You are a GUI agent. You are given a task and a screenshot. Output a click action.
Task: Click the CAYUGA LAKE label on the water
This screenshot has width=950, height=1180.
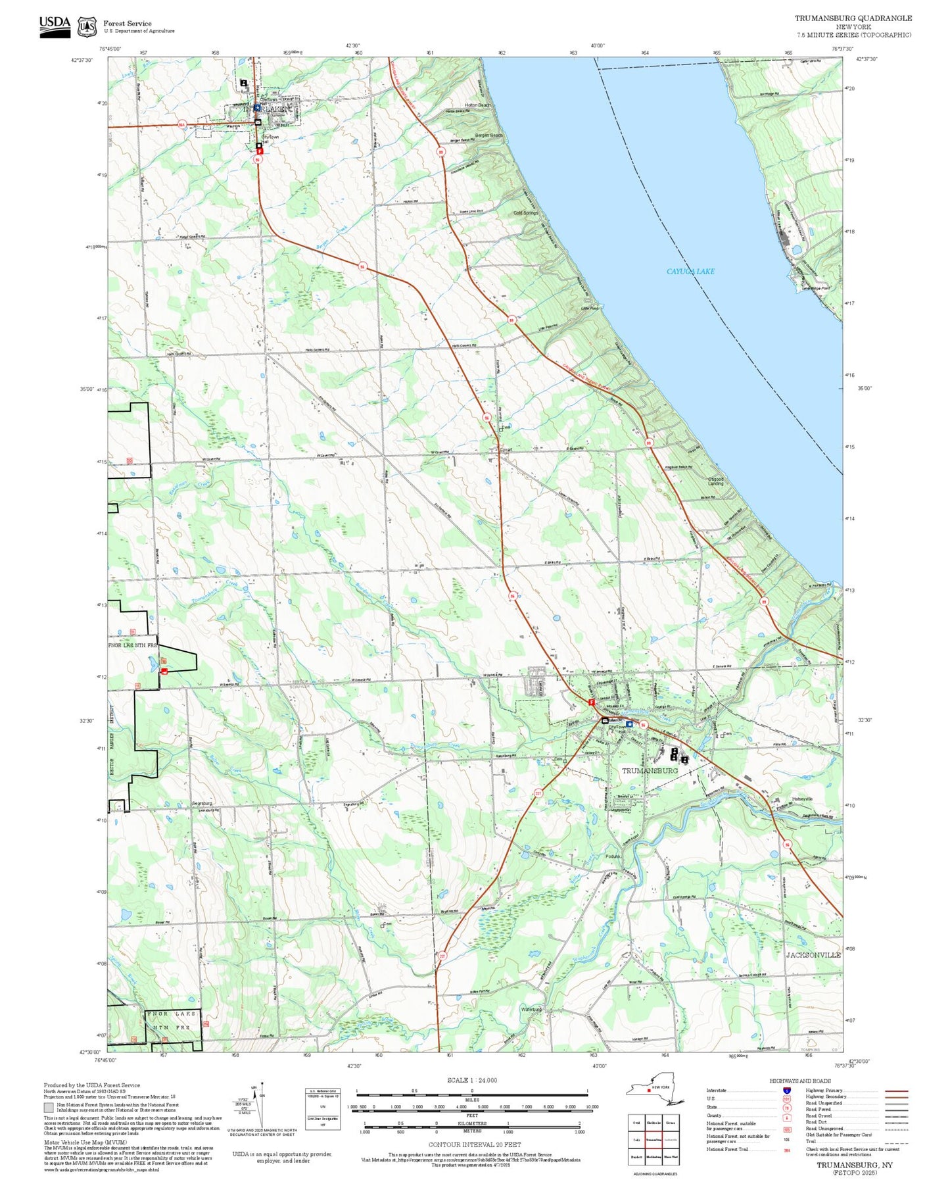690,271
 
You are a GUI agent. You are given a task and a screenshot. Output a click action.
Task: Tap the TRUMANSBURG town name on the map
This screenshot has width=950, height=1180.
650,770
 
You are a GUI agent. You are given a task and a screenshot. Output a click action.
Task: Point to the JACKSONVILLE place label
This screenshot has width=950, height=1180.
813,954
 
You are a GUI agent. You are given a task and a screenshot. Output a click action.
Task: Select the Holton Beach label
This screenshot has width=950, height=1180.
478,105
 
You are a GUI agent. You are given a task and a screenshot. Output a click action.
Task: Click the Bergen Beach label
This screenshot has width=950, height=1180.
488,135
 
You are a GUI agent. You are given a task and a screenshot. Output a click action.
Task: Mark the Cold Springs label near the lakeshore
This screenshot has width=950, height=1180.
525,213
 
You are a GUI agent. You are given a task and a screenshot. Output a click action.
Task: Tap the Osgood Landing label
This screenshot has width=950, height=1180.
715,481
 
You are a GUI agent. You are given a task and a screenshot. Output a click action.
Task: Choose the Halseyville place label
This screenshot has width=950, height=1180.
802,799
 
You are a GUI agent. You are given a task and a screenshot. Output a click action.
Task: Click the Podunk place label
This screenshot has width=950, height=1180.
613,856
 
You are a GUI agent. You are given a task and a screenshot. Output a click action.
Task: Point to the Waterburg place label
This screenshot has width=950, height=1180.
531,1009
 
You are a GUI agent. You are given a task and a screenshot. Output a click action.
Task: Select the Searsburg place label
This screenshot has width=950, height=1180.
201,804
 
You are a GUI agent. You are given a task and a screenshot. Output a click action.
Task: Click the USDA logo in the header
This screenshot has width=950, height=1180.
55,26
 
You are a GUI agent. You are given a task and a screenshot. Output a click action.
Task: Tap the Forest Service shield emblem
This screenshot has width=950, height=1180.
87,27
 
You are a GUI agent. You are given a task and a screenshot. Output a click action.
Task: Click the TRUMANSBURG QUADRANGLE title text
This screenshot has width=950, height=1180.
853,18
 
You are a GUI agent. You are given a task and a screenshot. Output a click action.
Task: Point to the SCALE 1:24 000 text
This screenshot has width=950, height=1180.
472,1080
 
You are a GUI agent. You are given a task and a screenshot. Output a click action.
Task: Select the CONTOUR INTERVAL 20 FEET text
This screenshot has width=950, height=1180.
475,1144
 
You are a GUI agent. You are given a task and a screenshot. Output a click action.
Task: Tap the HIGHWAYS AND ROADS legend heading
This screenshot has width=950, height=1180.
799,1081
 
